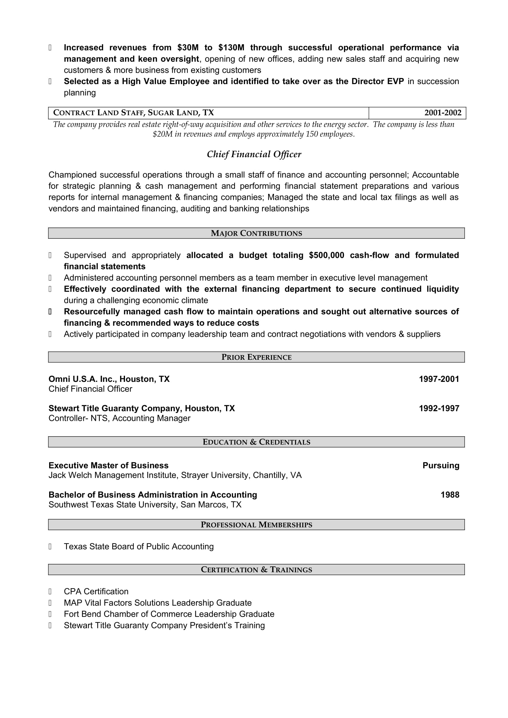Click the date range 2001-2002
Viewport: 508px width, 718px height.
(443, 113)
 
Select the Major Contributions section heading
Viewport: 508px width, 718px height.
(256, 233)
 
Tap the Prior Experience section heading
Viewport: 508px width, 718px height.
(256, 357)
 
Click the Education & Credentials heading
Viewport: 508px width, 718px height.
(256, 442)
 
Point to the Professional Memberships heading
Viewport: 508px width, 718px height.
(256, 524)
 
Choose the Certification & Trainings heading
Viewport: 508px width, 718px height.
(256, 569)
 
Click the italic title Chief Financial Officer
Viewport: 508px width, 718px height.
(254, 154)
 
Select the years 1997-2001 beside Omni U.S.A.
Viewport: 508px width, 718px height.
(439, 379)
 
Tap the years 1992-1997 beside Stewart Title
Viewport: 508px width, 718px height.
(439, 408)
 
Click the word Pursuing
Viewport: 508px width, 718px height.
(441, 465)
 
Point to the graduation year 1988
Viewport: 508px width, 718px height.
(450, 495)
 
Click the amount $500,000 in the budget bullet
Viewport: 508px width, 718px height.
(326, 255)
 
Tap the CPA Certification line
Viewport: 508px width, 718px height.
(96, 591)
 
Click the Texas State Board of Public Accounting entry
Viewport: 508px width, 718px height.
(139, 546)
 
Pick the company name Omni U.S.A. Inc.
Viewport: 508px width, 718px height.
(83, 379)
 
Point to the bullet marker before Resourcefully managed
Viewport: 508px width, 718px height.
(50, 312)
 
